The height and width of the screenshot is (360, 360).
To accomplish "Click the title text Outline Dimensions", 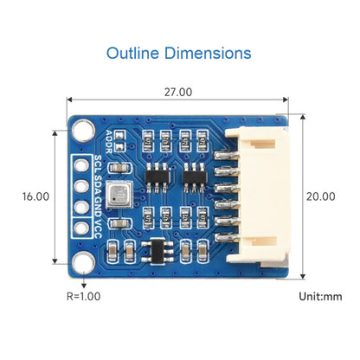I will coord(179,53).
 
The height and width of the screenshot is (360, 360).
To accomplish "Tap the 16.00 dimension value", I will coord(35,196).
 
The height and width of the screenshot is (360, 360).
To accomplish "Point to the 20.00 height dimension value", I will coord(319,196).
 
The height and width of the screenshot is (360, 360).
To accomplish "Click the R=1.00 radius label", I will coord(83,296).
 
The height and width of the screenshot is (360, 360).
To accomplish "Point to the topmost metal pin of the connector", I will coord(223,156).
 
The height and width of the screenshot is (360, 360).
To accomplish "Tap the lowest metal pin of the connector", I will coord(223,235).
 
